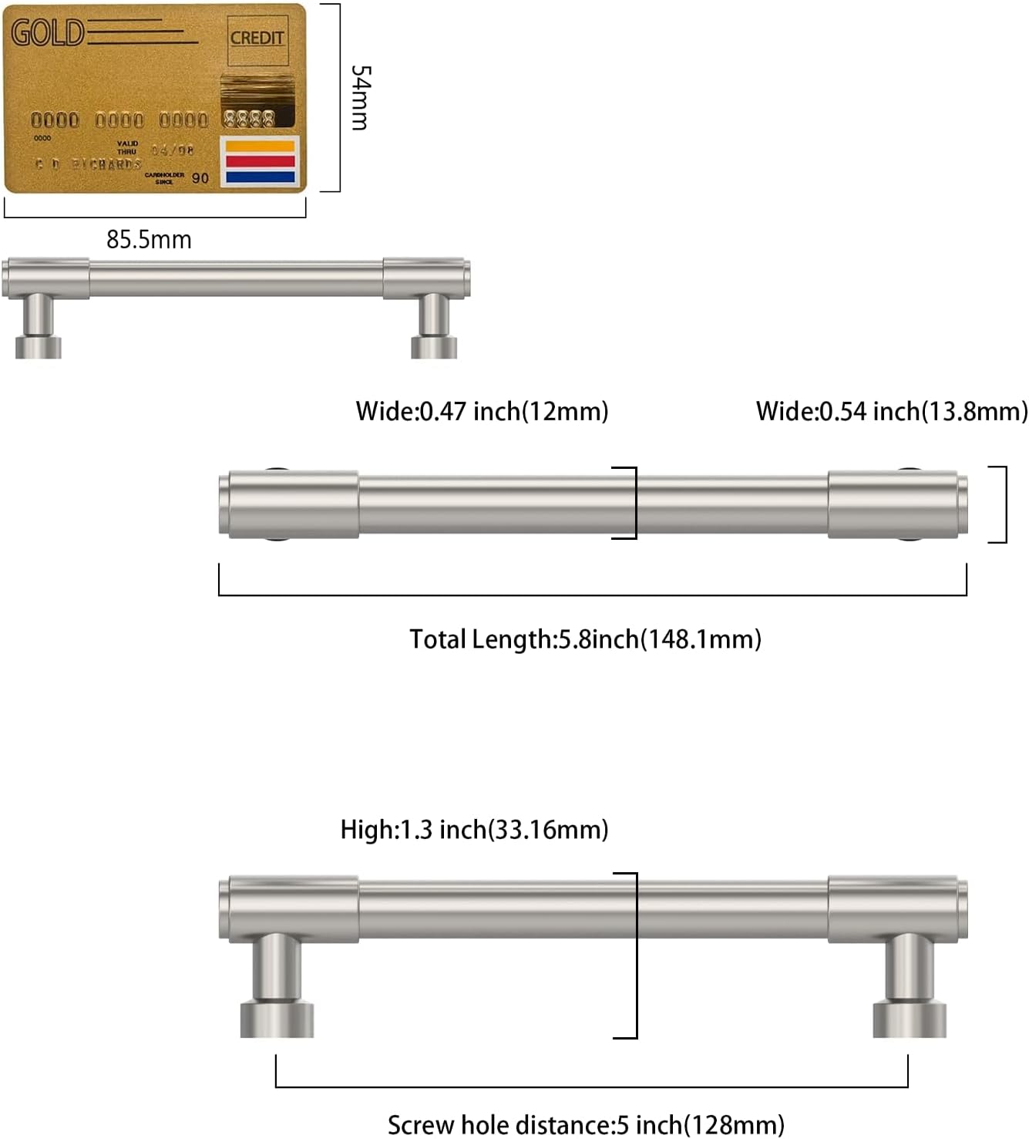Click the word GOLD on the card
(x=47, y=33)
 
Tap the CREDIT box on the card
(x=257, y=38)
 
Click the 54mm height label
(x=360, y=97)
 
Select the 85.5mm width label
(x=149, y=240)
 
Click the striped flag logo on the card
(x=259, y=162)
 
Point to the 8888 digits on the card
(x=248, y=119)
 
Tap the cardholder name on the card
(x=89, y=164)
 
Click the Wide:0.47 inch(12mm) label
(x=482, y=412)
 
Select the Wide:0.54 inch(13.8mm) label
(x=891, y=412)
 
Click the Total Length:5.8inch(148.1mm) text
(x=585, y=639)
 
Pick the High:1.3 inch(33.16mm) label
(x=474, y=830)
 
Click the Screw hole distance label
(x=586, y=1125)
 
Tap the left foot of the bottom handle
(x=277, y=1018)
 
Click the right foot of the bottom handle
(x=910, y=1018)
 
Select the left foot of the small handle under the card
(x=38, y=346)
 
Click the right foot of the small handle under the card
(x=434, y=346)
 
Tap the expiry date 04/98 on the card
(x=172, y=150)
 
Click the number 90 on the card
(x=200, y=178)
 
